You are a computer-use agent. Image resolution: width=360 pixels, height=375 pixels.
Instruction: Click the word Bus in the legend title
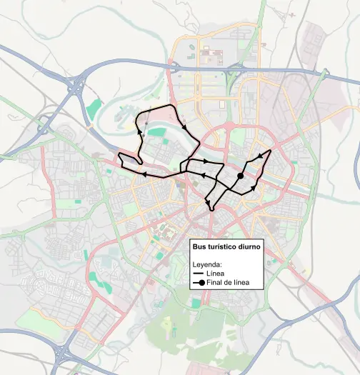tap(201, 246)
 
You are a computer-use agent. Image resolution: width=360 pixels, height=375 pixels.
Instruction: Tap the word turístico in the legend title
tap(224, 246)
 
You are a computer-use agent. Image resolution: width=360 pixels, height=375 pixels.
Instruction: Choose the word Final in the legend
tap(214, 283)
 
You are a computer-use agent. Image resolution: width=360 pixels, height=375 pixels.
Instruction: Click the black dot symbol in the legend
tap(201, 283)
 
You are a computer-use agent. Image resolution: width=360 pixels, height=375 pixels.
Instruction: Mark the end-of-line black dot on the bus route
tap(241, 176)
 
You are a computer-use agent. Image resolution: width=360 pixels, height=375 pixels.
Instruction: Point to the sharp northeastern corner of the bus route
tap(271, 151)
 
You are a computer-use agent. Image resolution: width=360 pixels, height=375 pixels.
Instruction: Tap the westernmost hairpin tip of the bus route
tap(118, 156)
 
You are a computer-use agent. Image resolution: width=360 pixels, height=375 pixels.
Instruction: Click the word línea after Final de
tap(244, 283)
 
